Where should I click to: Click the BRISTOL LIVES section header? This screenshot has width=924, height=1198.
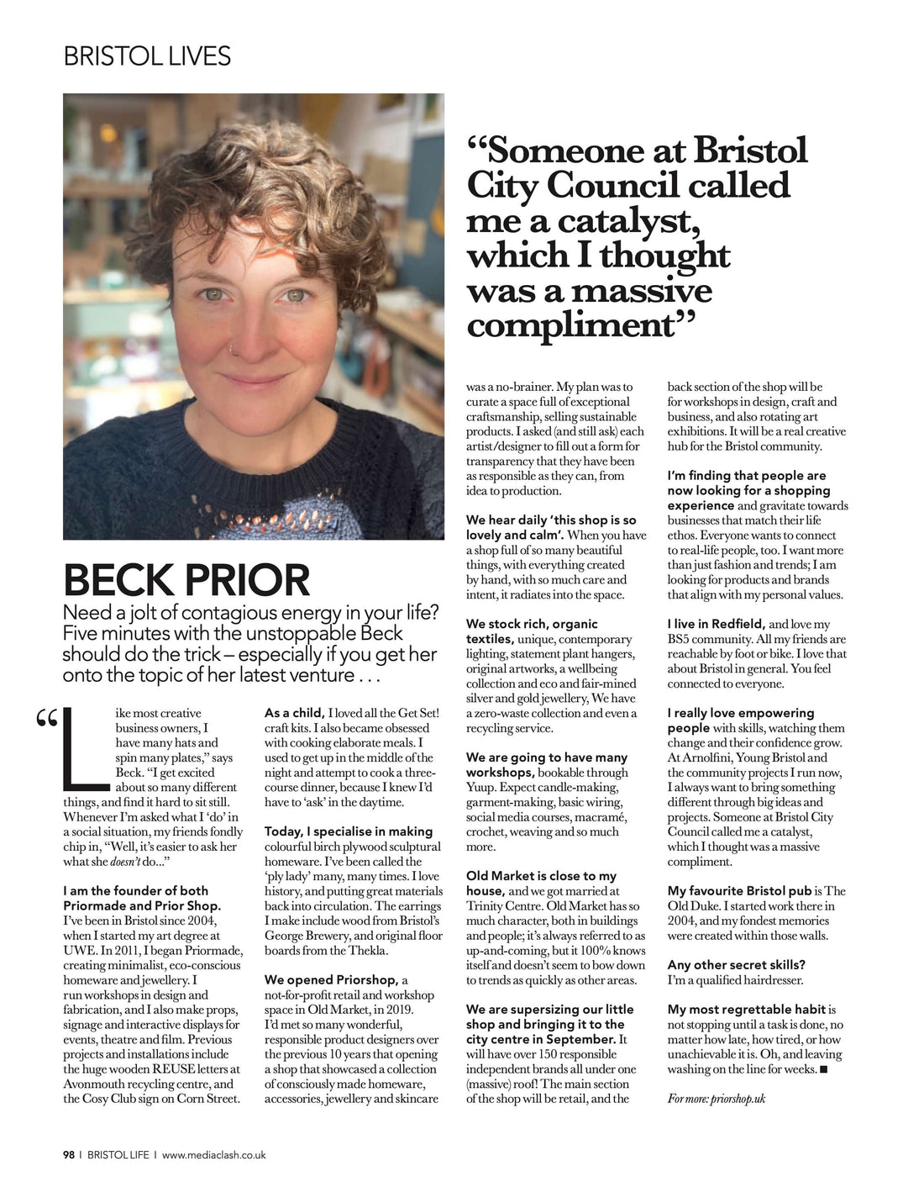pos(147,56)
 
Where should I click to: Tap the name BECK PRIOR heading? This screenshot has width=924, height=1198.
pos(186,580)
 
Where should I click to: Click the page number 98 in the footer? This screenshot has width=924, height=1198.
pos(69,1155)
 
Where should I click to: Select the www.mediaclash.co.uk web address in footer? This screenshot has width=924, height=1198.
pos(213,1155)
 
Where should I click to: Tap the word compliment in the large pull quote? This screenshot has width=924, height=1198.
pos(571,325)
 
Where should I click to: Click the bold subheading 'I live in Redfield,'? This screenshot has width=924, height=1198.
pos(716,624)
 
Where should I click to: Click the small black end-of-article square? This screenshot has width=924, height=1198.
pos(822,1069)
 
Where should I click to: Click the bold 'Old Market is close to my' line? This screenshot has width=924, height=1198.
pos(541,876)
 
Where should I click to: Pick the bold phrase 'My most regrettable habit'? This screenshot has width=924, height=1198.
pos(747,1009)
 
